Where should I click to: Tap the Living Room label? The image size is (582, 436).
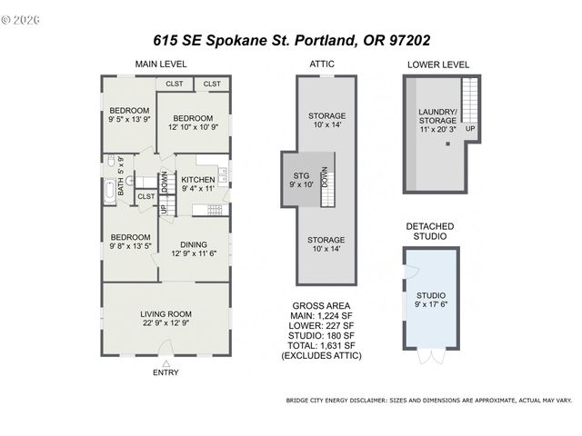pyautogui.click(x=164, y=318)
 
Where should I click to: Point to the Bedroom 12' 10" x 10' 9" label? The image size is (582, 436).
pyautogui.click(x=192, y=123)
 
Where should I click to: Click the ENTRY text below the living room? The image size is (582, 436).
pyautogui.click(x=166, y=372)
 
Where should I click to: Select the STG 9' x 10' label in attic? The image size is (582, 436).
pyautogui.click(x=302, y=179)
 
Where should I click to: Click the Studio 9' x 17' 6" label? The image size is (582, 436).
pyautogui.click(x=431, y=301)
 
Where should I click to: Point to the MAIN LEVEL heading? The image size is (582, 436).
pyautogui.click(x=161, y=64)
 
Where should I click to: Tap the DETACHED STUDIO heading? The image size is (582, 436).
pyautogui.click(x=430, y=231)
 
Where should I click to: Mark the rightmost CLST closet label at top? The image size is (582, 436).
pyautogui.click(x=212, y=84)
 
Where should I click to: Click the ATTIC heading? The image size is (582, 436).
pyautogui.click(x=322, y=64)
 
